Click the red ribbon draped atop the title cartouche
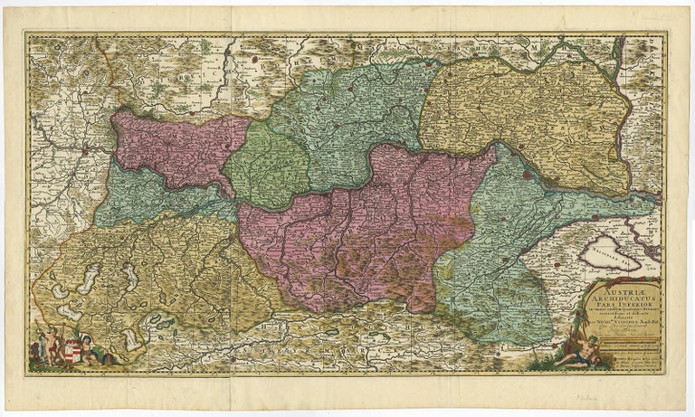624,275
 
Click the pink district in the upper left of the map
176,149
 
